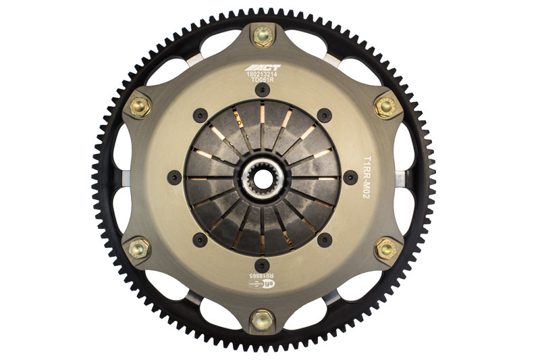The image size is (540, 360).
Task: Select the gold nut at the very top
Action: (262, 35)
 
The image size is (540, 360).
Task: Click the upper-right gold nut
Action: (385, 105)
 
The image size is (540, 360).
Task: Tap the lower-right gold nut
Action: (386, 248)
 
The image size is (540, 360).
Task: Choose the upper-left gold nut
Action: (139, 105)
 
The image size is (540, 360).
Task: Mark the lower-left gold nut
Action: (139, 249)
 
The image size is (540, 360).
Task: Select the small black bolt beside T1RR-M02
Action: (349, 178)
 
